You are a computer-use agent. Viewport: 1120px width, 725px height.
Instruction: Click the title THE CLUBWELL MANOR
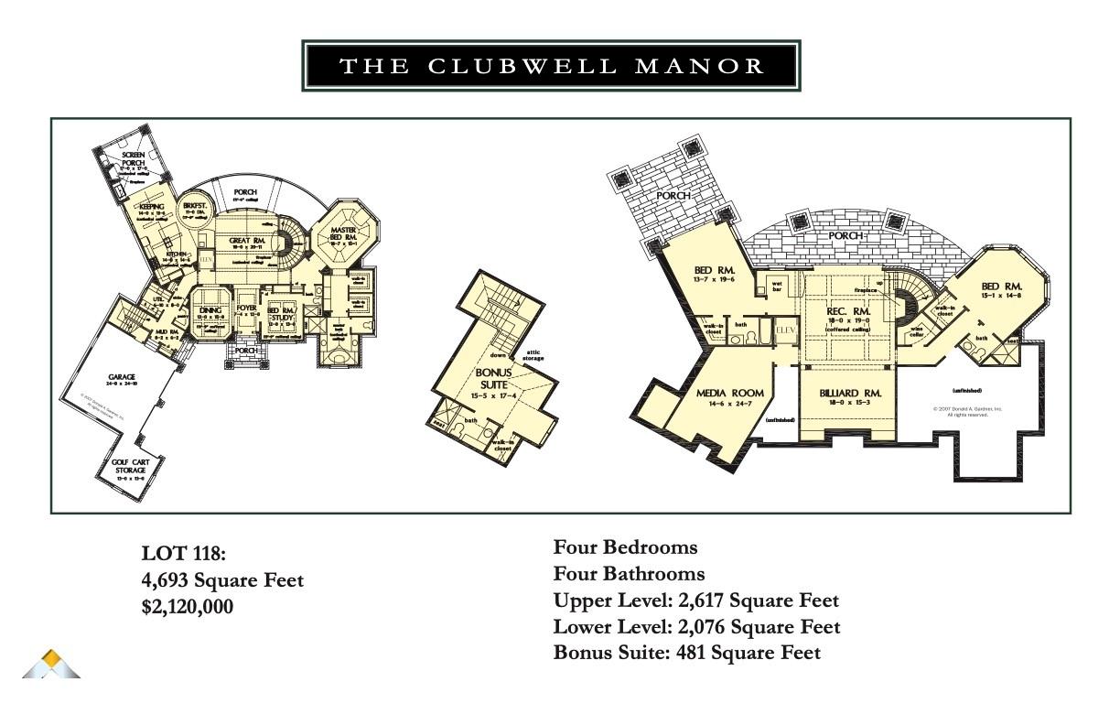click(x=552, y=66)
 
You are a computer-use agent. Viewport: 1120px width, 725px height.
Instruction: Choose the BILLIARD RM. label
click(x=850, y=394)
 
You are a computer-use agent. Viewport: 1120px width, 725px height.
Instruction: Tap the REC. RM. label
click(x=847, y=312)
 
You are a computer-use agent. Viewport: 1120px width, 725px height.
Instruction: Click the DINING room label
click(x=211, y=310)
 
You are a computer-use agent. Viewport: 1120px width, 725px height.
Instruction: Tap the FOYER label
click(x=247, y=308)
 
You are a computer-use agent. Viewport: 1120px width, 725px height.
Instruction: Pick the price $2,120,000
click(x=188, y=606)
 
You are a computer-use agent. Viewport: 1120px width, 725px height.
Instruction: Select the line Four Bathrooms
click(x=629, y=574)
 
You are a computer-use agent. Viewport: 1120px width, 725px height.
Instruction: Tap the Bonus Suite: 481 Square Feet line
click(x=686, y=653)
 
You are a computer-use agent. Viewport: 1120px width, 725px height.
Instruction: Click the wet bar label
click(x=776, y=287)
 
